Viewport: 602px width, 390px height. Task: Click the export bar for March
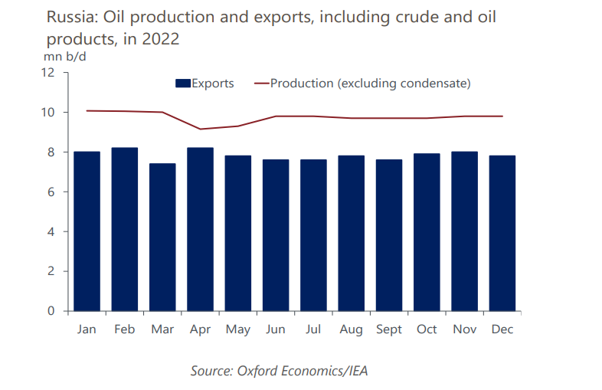click(x=162, y=238)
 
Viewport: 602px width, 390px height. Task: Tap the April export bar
click(x=200, y=229)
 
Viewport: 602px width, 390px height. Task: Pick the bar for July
click(x=313, y=235)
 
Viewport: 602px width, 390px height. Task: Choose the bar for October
click(x=427, y=232)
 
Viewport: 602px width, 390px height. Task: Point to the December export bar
click(x=502, y=233)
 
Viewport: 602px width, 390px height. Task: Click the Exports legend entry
click(x=204, y=84)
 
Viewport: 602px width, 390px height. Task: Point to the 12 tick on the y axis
click(x=47, y=73)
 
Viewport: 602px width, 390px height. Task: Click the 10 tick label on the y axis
click(x=47, y=113)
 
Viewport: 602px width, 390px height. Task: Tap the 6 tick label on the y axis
click(x=51, y=192)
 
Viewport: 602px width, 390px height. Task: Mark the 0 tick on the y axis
click(x=51, y=311)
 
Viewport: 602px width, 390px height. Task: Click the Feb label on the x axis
click(x=125, y=329)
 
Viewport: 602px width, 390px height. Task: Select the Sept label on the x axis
click(x=389, y=329)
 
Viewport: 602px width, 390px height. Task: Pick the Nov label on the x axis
click(x=464, y=329)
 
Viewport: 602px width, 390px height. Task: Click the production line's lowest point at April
click(x=200, y=129)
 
